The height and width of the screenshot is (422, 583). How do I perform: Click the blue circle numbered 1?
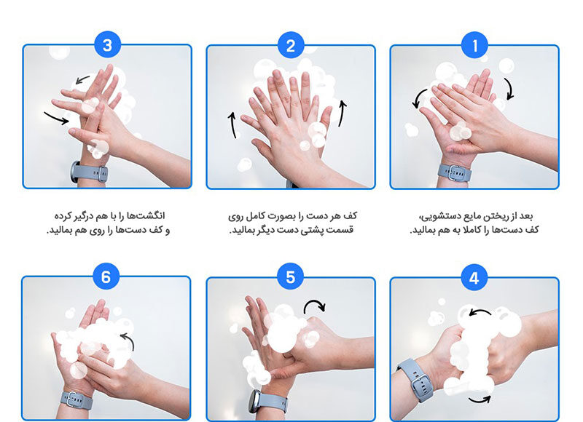click(474, 46)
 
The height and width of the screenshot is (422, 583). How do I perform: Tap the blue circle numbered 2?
click(290, 46)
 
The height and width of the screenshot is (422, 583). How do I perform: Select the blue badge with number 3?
click(107, 45)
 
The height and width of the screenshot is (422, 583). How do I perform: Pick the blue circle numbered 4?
click(474, 278)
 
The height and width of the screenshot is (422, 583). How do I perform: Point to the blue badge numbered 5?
click(290, 277)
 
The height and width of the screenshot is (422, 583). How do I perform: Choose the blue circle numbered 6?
click(106, 276)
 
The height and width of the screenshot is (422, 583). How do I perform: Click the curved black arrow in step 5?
click(313, 303)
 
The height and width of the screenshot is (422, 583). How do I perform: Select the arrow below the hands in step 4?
click(480, 400)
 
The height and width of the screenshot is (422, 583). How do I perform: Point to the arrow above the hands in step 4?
click(480, 311)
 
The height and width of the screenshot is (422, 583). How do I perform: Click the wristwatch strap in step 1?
click(454, 172)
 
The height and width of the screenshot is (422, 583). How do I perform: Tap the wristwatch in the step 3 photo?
click(89, 172)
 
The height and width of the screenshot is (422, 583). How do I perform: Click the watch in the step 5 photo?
click(268, 402)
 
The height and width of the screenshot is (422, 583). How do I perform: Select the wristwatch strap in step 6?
click(77, 400)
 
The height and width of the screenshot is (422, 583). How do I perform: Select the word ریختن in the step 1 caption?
click(496, 216)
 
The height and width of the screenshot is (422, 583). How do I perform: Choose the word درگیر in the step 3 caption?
click(87, 216)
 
